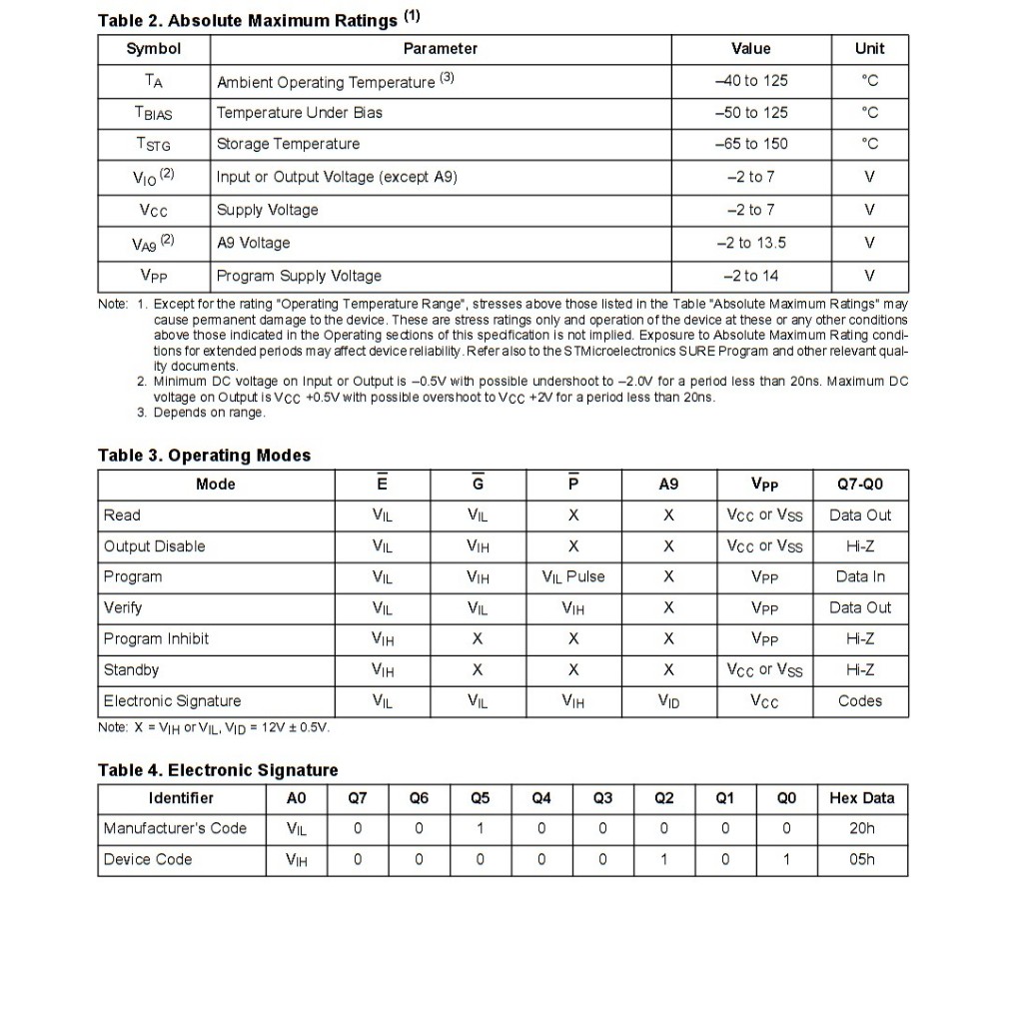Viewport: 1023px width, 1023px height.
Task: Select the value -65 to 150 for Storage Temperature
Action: pyautogui.click(x=750, y=144)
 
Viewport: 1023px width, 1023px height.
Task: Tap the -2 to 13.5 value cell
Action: pyautogui.click(x=750, y=243)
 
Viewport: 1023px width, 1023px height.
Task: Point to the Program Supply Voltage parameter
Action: pyautogui.click(x=299, y=276)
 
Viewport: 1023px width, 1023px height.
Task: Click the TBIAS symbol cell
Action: pyautogui.click(x=154, y=113)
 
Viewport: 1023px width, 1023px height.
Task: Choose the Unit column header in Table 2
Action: pyautogui.click(x=869, y=49)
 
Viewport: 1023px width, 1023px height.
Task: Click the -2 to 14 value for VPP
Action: pyautogui.click(x=750, y=276)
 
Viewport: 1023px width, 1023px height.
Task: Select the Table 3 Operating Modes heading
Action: pyautogui.click(x=204, y=456)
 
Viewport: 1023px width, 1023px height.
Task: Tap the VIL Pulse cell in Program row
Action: pyautogui.click(x=572, y=577)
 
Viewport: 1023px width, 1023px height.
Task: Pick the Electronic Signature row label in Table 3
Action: pyautogui.click(x=172, y=701)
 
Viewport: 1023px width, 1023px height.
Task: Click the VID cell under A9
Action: pyautogui.click(x=668, y=701)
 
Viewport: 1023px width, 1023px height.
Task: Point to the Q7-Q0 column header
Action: pyautogui.click(x=860, y=485)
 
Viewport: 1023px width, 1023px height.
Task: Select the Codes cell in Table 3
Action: pyautogui.click(x=860, y=701)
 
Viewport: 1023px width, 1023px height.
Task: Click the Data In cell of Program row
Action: pyautogui.click(x=860, y=577)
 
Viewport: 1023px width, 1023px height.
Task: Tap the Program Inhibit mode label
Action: pyautogui.click(x=156, y=639)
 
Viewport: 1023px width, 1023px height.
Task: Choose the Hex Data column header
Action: pyautogui.click(x=861, y=798)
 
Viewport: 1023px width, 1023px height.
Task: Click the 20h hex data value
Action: pyautogui.click(x=861, y=828)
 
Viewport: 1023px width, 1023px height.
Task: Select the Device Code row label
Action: pyautogui.click(x=148, y=859)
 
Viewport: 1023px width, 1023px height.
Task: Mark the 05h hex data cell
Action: pyautogui.click(x=861, y=859)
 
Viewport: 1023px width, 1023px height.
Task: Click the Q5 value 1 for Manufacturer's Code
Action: pyautogui.click(x=480, y=828)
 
